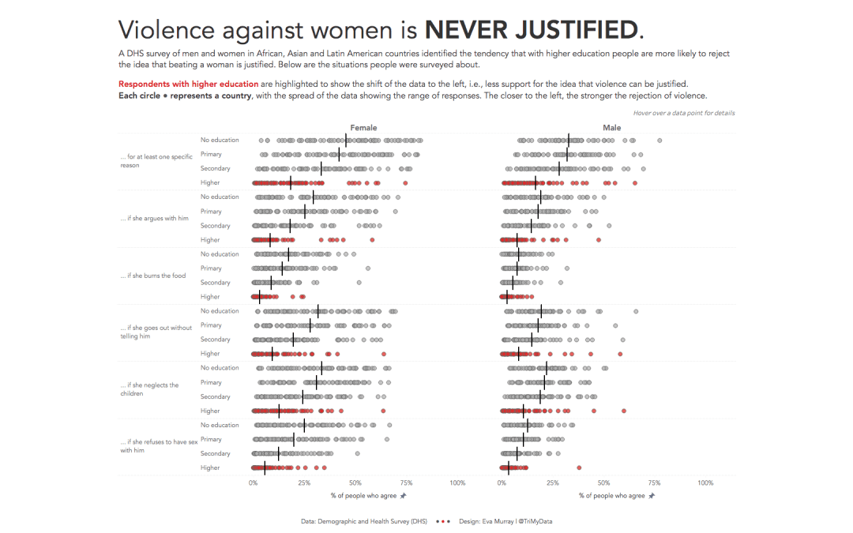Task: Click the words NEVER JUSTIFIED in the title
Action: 530,30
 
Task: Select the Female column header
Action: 363,127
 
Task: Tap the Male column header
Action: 611,127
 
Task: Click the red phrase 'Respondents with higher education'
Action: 188,84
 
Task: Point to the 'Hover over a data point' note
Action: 683,113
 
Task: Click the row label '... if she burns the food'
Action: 153,276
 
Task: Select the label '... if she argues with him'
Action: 154,218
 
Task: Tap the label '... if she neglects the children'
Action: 149,389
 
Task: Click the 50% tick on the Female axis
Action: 355,482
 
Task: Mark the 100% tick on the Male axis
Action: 705,482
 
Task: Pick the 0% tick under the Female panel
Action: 253,482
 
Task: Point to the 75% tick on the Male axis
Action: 654,482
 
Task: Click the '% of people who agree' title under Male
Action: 612,496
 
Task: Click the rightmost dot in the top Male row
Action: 659,141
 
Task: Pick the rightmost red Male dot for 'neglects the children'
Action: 623,411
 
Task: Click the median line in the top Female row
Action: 345,141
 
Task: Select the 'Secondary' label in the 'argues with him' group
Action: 215,226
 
